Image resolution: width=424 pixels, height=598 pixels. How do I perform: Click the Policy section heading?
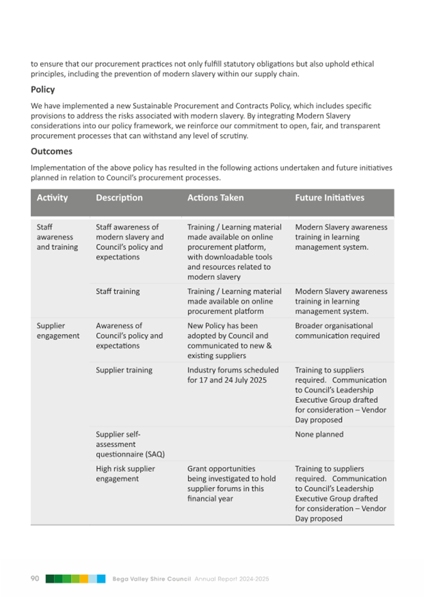pyautogui.click(x=43, y=90)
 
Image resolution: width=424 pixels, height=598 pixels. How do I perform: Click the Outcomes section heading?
pyautogui.click(x=52, y=151)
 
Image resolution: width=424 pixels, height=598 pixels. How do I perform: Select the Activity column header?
pyautogui.click(x=52, y=198)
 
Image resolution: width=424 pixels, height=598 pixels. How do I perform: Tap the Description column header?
pyautogui.click(x=119, y=198)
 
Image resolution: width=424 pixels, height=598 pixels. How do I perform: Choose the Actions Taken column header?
pyautogui.click(x=215, y=198)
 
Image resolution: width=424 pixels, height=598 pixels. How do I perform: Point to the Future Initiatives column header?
pyautogui.click(x=329, y=198)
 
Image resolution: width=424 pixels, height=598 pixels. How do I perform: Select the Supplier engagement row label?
pyautogui.click(x=58, y=331)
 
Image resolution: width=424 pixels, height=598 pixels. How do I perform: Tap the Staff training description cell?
pyautogui.click(x=117, y=291)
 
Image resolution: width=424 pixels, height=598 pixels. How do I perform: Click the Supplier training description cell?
pyautogui.click(x=124, y=370)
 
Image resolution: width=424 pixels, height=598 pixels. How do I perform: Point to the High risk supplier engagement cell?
pyautogui.click(x=125, y=474)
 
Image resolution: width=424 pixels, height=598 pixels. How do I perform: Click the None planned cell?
pyautogui.click(x=319, y=434)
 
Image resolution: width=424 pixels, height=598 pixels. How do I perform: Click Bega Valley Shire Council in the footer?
pyautogui.click(x=152, y=579)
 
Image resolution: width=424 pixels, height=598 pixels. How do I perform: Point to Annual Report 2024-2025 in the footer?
pyautogui.click(x=232, y=579)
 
